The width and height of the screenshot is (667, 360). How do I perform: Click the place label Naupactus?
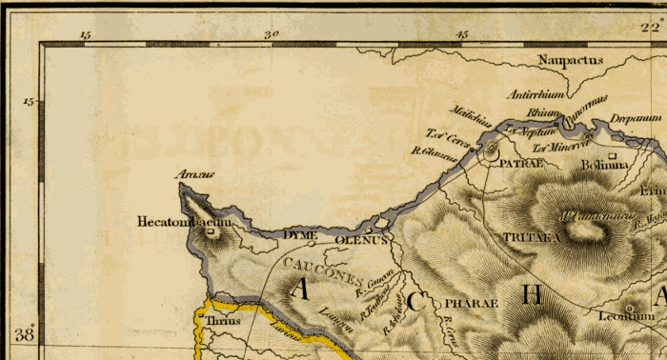(571, 60)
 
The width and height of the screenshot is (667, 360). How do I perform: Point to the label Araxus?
(195, 175)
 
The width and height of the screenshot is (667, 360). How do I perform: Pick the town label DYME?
(300, 234)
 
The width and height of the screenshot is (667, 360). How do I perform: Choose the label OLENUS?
(361, 240)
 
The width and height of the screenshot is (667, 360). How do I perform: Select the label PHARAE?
(472, 303)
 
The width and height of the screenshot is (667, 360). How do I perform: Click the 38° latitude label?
(24, 334)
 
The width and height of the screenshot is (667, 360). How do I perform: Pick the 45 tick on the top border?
(463, 35)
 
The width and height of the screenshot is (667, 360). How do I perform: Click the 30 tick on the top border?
(272, 35)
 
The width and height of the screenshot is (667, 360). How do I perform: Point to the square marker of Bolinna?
(614, 154)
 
